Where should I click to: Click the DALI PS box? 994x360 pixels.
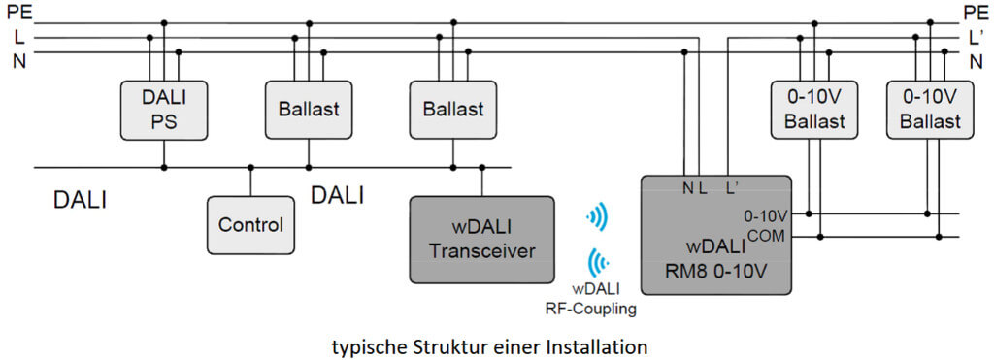pos(163,109)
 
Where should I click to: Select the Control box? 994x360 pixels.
pos(250,225)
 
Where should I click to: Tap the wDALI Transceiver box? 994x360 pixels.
pos(481,240)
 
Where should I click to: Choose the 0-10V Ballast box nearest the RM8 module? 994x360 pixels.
pos(814,109)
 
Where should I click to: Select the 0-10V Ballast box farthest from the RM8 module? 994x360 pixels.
pos(930,109)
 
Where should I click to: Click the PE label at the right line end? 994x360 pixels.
pos(976,12)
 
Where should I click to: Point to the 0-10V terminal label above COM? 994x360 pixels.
pos(769,215)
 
